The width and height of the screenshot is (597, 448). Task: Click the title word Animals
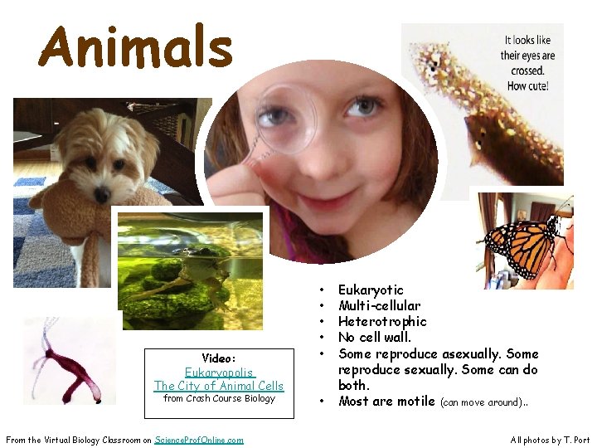[x=135, y=47]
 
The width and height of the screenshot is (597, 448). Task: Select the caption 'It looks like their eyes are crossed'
[x=527, y=63]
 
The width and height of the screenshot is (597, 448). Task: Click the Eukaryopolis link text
[x=218, y=373]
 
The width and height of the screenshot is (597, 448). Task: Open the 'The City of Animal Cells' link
[x=218, y=386]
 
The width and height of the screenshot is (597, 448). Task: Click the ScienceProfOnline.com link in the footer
[x=199, y=440]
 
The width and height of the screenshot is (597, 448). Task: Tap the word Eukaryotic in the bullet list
[x=371, y=290]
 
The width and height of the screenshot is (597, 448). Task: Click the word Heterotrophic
[x=382, y=321]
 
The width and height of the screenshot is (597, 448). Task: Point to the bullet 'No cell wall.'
[x=374, y=337]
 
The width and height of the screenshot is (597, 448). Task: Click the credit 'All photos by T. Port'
[x=550, y=440]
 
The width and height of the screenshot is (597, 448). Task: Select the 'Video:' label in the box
[x=219, y=358]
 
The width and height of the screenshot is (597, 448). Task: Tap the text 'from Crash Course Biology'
[x=219, y=398]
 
